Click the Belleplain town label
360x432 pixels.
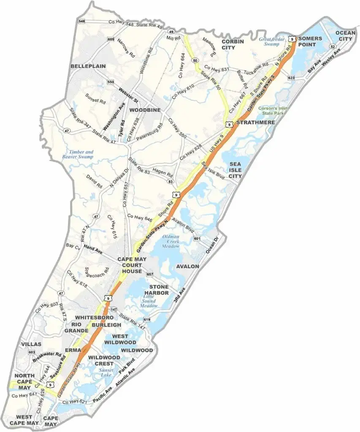pos(88,66)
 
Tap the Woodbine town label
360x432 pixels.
pos(145,110)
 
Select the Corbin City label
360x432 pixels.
pos(234,45)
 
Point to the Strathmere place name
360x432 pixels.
pos(255,122)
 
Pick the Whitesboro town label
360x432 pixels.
pos(92,317)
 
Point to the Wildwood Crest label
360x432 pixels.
pos(101,360)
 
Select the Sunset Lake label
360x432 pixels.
pos(106,373)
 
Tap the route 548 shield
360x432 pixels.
pos(82,21)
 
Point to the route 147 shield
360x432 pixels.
pos(114,309)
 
